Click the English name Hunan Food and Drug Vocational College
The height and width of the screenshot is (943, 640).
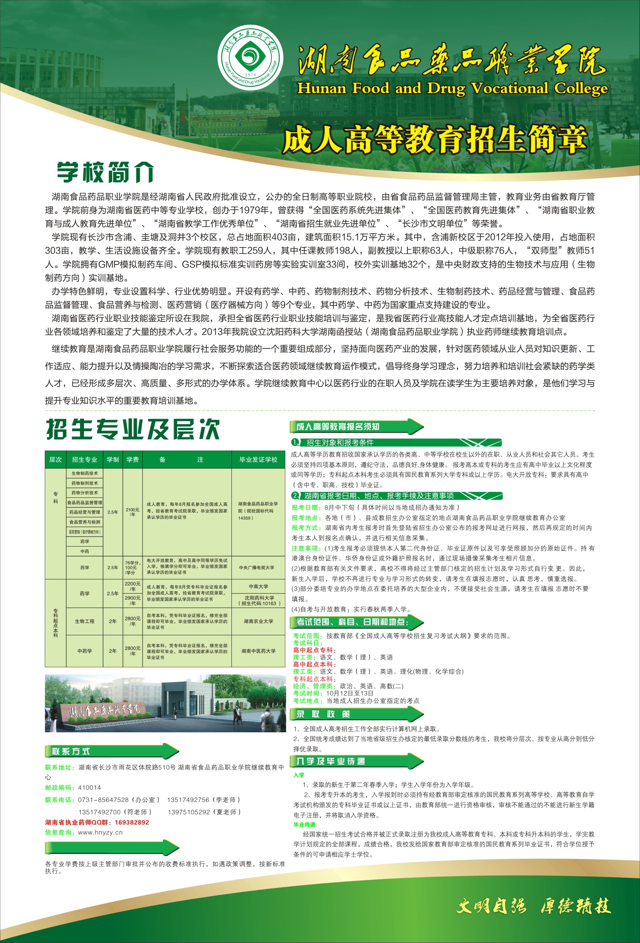[x=453, y=88]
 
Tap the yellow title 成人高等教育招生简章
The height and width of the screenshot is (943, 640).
[x=435, y=140]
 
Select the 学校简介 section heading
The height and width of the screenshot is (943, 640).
[x=105, y=172]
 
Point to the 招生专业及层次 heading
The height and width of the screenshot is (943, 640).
[x=133, y=429]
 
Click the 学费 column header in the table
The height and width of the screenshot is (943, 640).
[x=132, y=459]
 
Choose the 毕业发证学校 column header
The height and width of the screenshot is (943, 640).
[x=258, y=459]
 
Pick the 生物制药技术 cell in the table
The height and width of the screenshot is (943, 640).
[x=84, y=473]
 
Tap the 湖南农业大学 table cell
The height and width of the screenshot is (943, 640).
[x=258, y=621]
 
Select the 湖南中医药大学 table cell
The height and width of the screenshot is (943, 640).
[x=258, y=651]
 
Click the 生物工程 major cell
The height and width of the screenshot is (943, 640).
[x=84, y=621]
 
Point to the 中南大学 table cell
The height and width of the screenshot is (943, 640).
[x=258, y=586]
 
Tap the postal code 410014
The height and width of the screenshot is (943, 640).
[x=89, y=788]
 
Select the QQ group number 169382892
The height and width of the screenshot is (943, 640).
[x=132, y=823]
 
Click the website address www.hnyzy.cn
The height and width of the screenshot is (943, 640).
[x=100, y=832]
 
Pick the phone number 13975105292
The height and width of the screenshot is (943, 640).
[x=189, y=812]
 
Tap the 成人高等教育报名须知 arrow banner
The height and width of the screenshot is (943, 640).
[x=357, y=427]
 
